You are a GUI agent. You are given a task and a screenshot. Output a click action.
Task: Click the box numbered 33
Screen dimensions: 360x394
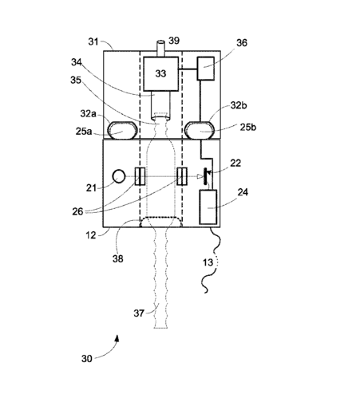(160, 73)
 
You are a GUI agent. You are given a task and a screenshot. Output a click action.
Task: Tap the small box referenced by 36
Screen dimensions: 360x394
(206, 69)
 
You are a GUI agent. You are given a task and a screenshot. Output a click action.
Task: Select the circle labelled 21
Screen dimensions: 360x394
(119, 176)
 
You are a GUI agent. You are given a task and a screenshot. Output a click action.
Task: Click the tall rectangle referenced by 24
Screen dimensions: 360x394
(208, 207)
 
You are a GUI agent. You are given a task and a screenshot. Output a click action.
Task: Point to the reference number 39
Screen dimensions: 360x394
(174, 41)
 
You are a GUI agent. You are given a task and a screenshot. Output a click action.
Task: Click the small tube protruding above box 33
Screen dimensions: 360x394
(160, 48)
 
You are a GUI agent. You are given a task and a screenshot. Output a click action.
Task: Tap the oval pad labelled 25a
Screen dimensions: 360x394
(122, 130)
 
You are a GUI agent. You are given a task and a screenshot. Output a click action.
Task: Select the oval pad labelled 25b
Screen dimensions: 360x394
(200, 130)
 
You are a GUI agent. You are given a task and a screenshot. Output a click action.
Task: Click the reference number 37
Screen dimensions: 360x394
(139, 313)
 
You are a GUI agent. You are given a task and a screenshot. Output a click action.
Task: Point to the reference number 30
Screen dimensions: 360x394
(87, 359)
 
